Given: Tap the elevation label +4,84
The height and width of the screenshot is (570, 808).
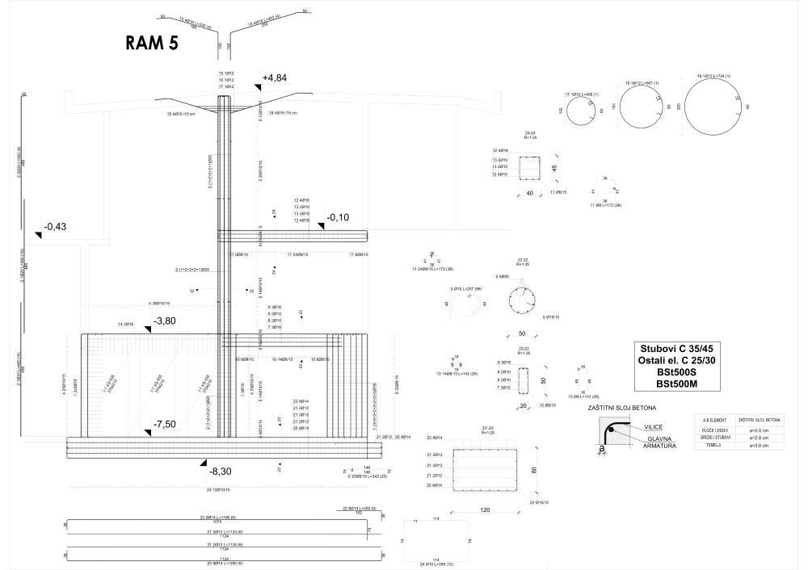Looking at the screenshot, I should pyautogui.click(x=276, y=78).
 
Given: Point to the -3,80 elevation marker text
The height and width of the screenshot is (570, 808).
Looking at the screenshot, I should pyautogui.click(x=164, y=321).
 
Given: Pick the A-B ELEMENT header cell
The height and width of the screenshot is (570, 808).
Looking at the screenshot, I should pyautogui.click(x=713, y=420).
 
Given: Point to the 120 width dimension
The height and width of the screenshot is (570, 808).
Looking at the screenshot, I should pyautogui.click(x=485, y=510).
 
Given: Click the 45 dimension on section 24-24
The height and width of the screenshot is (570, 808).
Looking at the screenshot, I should pyautogui.click(x=554, y=168).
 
